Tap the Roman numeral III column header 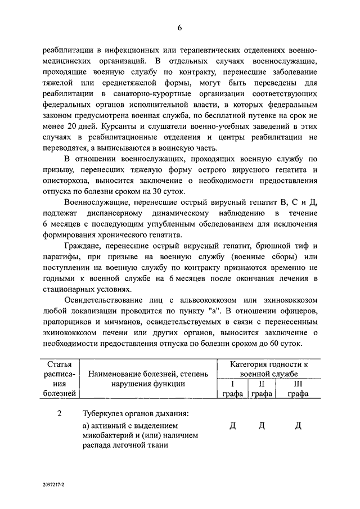(298, 384)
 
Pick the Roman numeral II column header (261, 384)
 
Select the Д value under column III (298, 426)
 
